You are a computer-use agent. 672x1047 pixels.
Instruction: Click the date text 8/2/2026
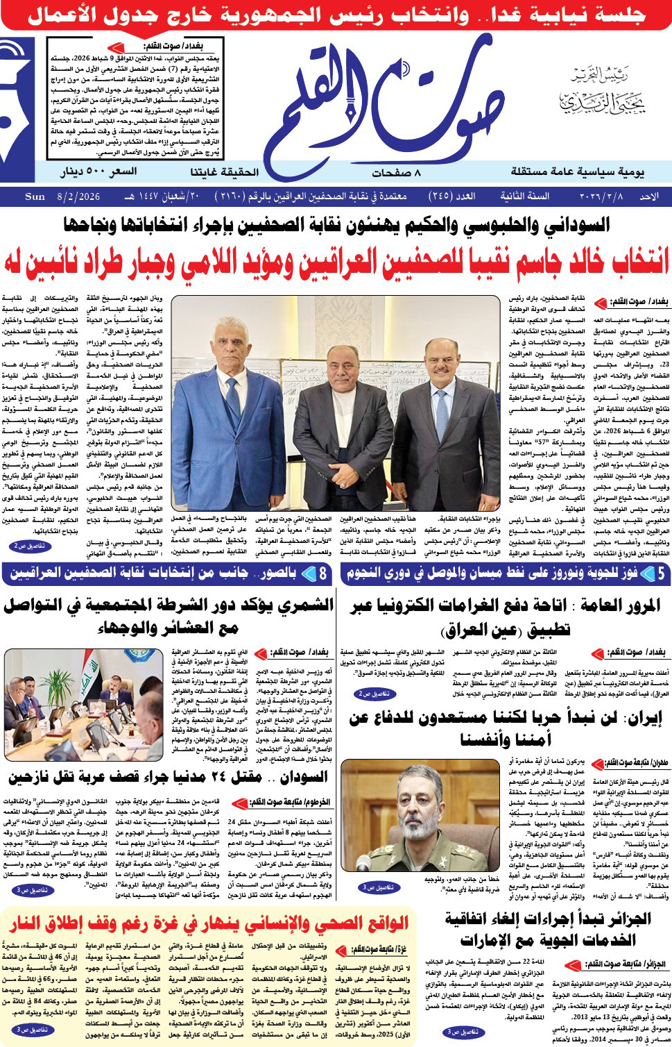(78, 196)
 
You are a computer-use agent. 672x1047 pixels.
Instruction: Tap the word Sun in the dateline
(35, 196)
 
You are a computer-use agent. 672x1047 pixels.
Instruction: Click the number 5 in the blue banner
(661, 573)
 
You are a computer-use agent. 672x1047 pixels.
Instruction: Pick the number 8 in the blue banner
(322, 573)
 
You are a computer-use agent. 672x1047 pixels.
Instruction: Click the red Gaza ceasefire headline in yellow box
(209, 925)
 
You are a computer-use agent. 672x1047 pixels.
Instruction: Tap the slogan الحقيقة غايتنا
(224, 171)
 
